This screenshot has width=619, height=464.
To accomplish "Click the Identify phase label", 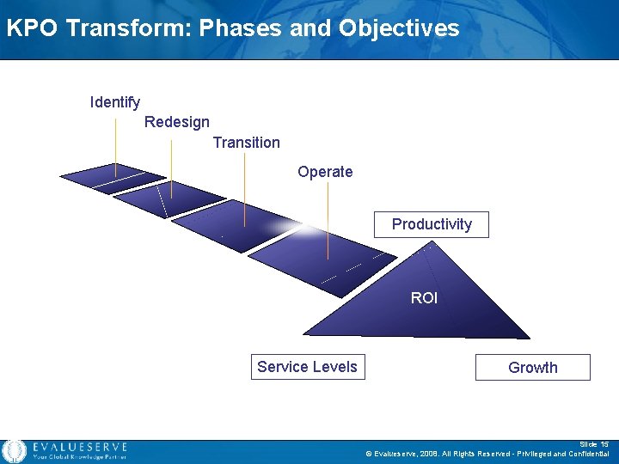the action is tap(115, 102).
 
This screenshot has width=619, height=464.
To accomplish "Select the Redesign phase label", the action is tap(176, 122).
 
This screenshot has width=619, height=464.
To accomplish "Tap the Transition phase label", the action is tap(246, 143).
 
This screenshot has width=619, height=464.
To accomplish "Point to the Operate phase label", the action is tap(325, 172).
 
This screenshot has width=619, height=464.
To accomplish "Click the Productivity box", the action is tap(432, 224).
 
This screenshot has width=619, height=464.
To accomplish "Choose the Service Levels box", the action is tap(307, 367).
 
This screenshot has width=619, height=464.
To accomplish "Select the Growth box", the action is tap(532, 368).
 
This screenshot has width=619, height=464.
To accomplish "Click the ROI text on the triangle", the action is tap(424, 298).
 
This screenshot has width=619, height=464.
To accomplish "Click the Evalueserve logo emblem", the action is tap(14, 451).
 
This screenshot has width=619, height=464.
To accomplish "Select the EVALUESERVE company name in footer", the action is tap(79, 447).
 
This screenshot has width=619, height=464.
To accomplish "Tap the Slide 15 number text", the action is tap(594, 444).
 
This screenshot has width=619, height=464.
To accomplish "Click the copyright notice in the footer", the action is tap(487, 454).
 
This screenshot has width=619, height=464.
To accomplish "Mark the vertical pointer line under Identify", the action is tap(116, 142).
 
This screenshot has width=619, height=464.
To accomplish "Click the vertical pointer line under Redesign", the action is tap(172, 168).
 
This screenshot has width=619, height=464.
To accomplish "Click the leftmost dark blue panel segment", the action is tap(112, 178).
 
